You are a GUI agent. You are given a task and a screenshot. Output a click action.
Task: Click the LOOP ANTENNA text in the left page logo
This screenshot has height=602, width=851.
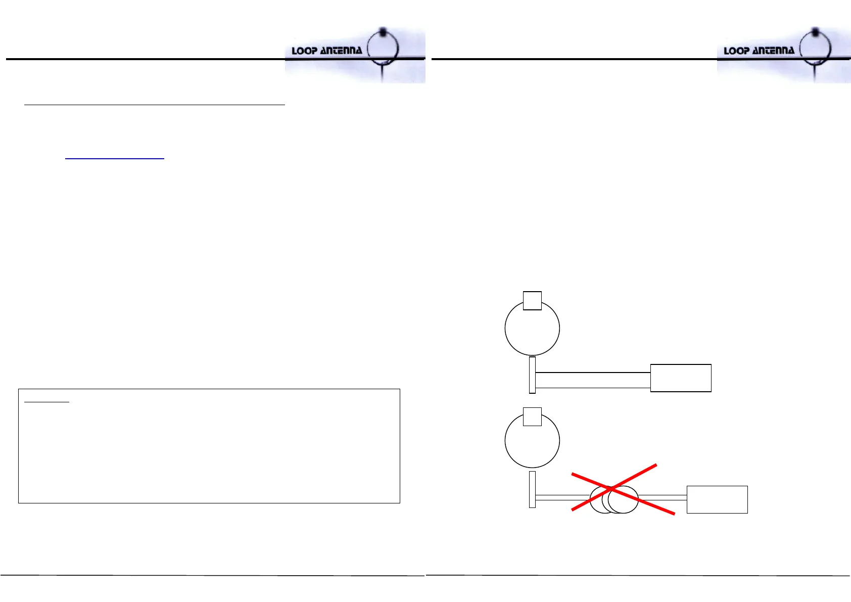326,51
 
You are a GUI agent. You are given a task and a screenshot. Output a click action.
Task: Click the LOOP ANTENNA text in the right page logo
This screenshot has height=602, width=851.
759,51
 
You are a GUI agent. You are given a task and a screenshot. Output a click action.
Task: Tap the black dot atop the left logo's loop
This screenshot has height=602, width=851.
383,31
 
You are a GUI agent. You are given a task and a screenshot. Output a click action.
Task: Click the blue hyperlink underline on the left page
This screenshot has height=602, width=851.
115,159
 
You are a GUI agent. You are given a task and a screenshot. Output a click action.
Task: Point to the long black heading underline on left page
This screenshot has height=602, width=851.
155,105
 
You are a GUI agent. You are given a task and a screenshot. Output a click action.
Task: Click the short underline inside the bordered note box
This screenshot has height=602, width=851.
47,402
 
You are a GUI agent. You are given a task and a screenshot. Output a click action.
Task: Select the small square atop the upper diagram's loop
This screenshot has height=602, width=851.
532,300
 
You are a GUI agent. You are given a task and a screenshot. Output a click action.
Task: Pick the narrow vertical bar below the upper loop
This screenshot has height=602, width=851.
532,375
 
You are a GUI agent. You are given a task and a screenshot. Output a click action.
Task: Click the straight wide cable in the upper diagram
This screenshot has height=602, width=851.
593,380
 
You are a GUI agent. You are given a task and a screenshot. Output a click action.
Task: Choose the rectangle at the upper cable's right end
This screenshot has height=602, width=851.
681,378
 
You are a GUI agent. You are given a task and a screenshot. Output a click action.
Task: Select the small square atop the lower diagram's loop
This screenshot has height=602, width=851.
532,416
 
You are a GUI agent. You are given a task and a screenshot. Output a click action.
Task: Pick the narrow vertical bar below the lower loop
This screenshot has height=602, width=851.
532,489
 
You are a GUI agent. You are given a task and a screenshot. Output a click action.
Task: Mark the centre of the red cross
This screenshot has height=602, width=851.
612,488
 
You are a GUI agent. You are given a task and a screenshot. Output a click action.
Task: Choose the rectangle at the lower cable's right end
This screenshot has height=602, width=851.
717,499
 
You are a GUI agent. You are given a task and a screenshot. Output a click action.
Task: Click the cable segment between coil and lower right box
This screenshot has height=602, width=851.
663,497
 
